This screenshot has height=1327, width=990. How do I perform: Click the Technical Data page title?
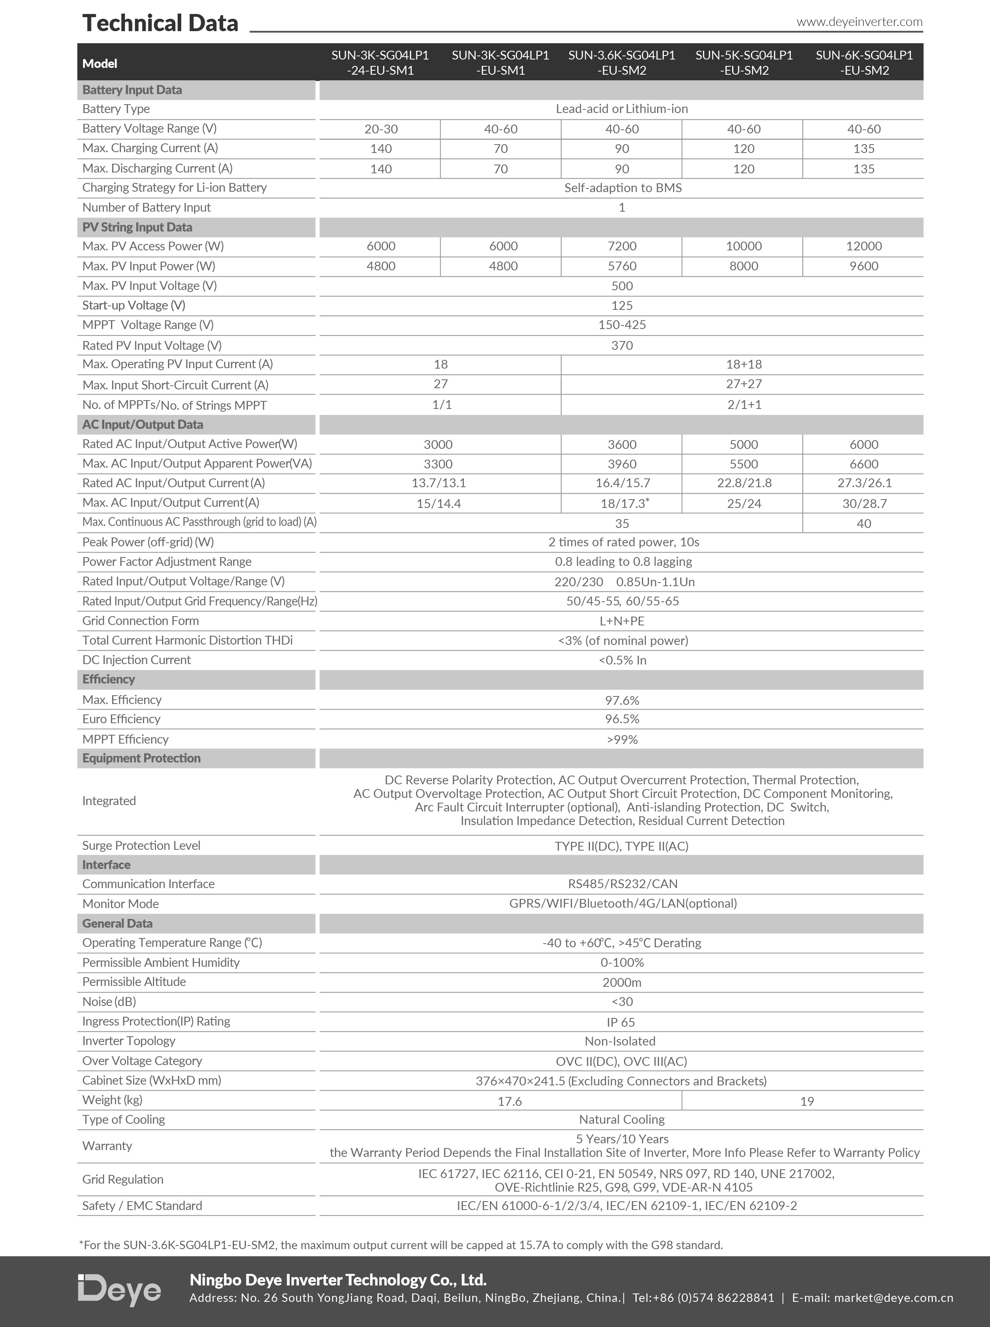click(160, 24)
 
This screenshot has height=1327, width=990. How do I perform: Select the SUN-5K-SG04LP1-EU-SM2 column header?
click(744, 62)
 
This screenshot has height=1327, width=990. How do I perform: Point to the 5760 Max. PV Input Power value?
click(622, 266)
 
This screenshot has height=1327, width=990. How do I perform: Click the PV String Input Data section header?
click(137, 227)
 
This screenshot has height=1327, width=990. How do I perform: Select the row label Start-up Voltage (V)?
click(134, 305)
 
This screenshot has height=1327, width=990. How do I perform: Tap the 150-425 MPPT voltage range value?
click(622, 325)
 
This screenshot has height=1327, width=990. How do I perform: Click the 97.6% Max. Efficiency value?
click(622, 700)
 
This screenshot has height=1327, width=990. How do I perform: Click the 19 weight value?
click(807, 1101)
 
